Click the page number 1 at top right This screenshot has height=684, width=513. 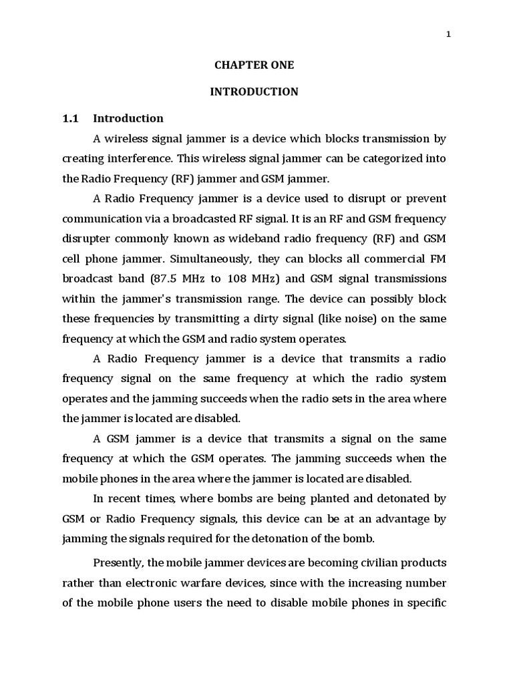coord(449,35)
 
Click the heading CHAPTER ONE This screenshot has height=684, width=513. coord(254,65)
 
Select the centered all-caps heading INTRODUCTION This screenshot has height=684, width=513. coord(254,92)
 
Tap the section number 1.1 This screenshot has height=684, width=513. coord(71,118)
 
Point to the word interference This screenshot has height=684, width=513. coord(141,159)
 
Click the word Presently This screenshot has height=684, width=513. coord(119,562)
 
